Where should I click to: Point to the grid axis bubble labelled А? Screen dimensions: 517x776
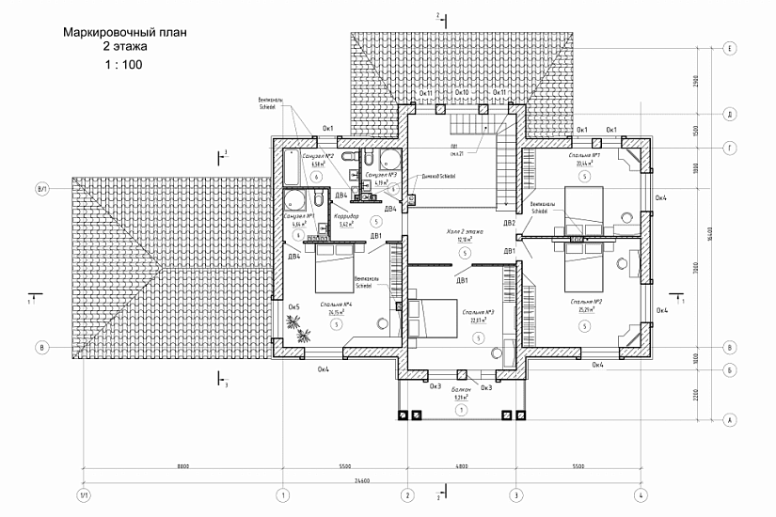(729, 419)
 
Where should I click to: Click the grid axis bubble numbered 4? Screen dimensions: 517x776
(639, 495)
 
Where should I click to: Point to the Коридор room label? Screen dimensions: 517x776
(345, 216)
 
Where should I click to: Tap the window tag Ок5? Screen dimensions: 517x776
(293, 306)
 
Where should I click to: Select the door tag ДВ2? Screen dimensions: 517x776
(509, 224)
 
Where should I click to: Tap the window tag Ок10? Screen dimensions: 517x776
(461, 94)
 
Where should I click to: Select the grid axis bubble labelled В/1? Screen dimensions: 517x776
(41, 189)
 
